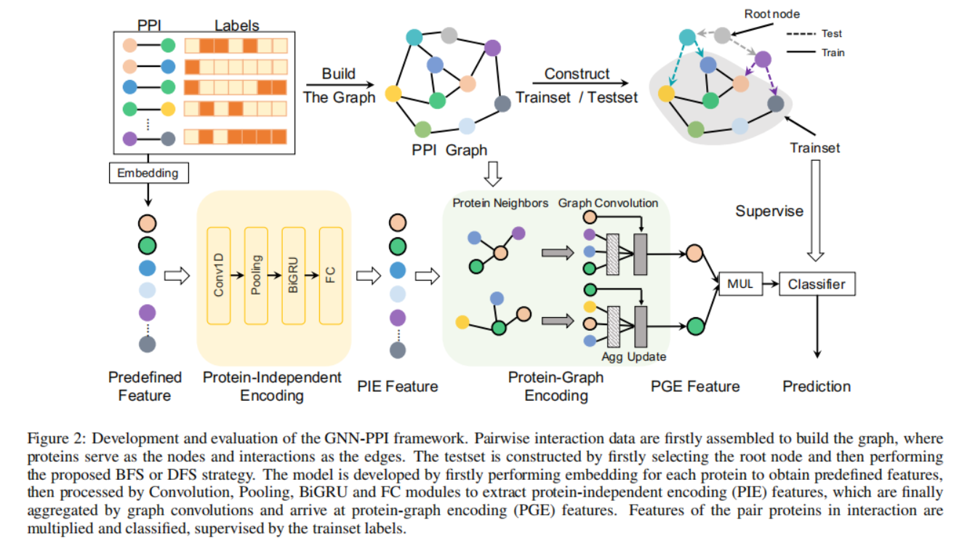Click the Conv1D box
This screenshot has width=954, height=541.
tap(219, 276)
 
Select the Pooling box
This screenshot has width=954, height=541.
tap(256, 276)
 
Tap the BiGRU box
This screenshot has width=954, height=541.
tap(293, 276)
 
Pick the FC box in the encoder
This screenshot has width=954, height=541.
tap(330, 276)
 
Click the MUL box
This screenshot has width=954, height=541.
tap(739, 284)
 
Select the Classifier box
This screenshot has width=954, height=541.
tap(817, 284)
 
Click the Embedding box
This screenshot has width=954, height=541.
tap(148, 173)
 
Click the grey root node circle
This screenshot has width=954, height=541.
tap(722, 35)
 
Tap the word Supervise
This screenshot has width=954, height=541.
tap(769, 212)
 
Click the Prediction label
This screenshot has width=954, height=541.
tap(817, 386)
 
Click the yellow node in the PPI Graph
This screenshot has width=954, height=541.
tap(393, 94)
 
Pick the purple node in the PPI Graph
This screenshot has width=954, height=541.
tap(492, 49)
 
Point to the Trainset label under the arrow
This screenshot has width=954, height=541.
tap(815, 148)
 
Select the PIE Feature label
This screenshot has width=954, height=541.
tap(396, 386)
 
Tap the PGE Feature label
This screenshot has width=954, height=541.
tap(695, 386)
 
